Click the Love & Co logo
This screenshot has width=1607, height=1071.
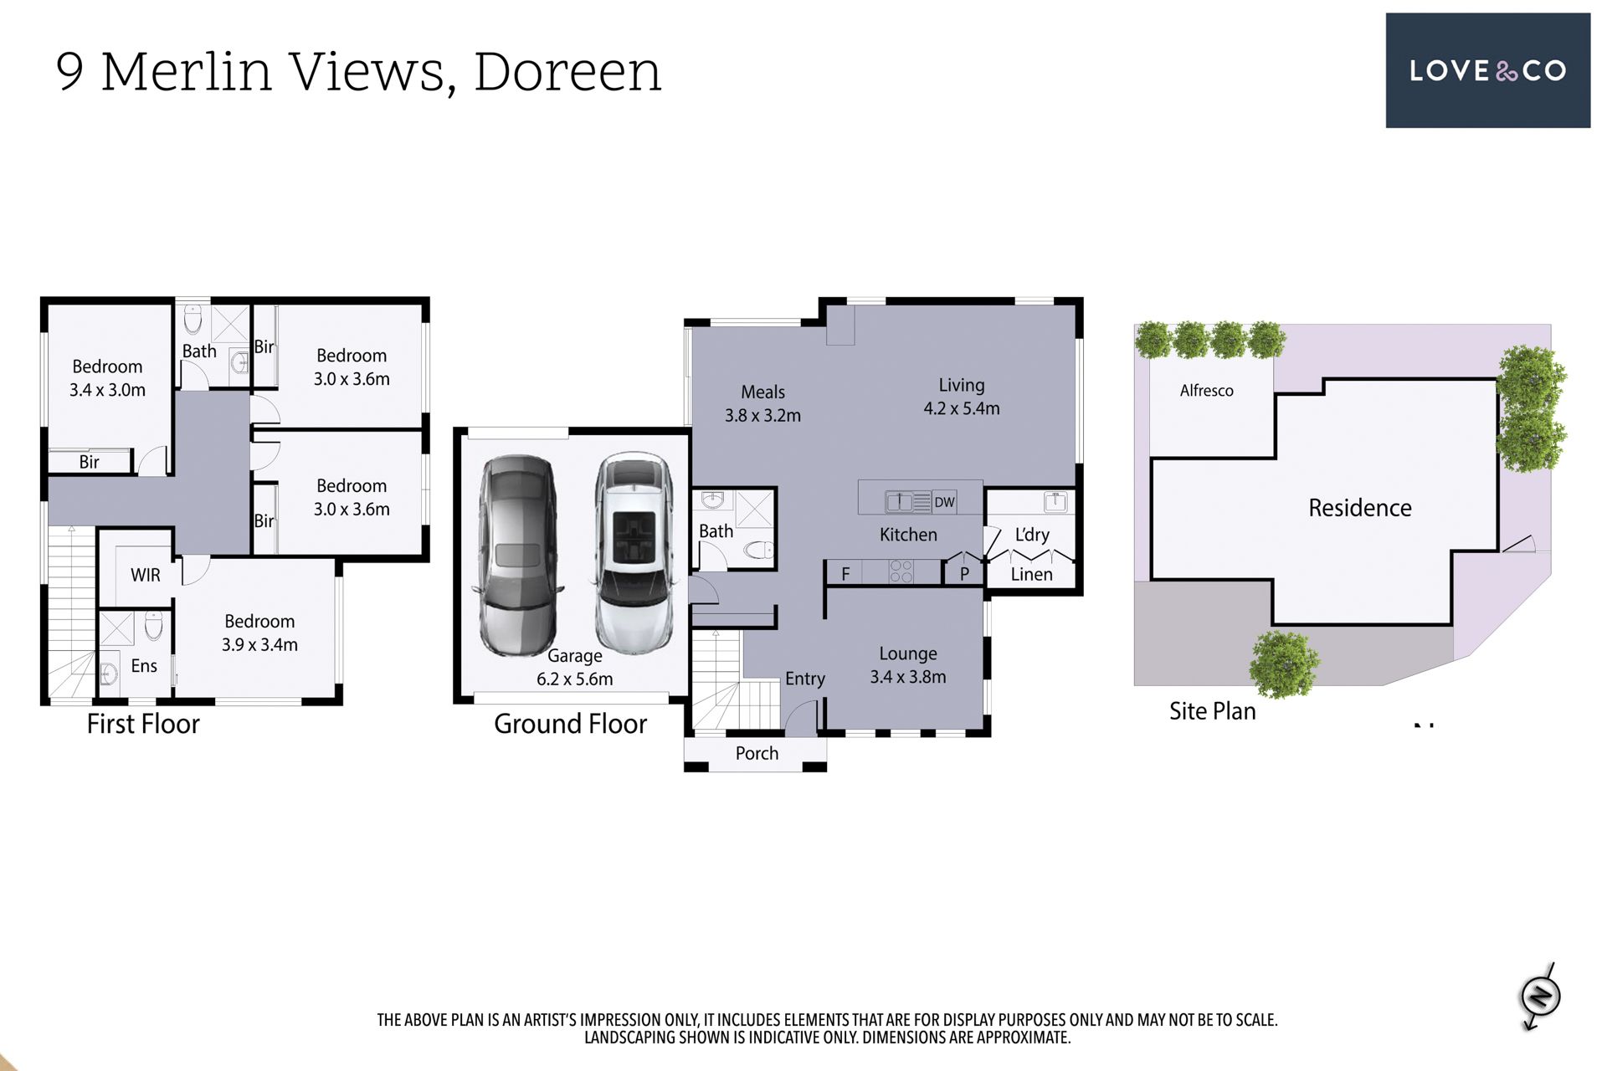point(1487,70)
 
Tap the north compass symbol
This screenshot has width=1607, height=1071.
point(1541,997)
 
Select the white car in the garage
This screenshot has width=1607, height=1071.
point(634,553)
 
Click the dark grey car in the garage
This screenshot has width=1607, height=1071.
point(516,556)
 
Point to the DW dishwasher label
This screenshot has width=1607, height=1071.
point(944,502)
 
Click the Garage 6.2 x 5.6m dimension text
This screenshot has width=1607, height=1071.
point(575,679)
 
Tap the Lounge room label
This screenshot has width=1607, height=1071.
point(908,653)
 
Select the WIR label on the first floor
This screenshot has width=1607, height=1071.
point(146,575)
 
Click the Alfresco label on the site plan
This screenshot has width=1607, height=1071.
point(1206,390)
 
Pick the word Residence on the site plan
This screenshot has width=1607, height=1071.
point(1360,508)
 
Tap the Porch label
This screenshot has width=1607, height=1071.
point(757,753)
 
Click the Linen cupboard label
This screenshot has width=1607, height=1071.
point(1031,574)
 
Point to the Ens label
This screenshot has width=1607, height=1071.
point(144,665)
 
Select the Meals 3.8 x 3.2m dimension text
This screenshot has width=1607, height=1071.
point(762,415)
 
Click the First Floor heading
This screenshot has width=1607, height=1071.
point(143,724)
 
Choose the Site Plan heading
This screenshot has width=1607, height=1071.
point(1213,711)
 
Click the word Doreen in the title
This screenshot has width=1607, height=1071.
point(567,71)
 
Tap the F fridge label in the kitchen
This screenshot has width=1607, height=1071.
point(845,574)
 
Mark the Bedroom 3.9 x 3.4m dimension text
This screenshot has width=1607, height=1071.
point(259,644)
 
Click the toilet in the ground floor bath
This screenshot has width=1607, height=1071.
point(760,551)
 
